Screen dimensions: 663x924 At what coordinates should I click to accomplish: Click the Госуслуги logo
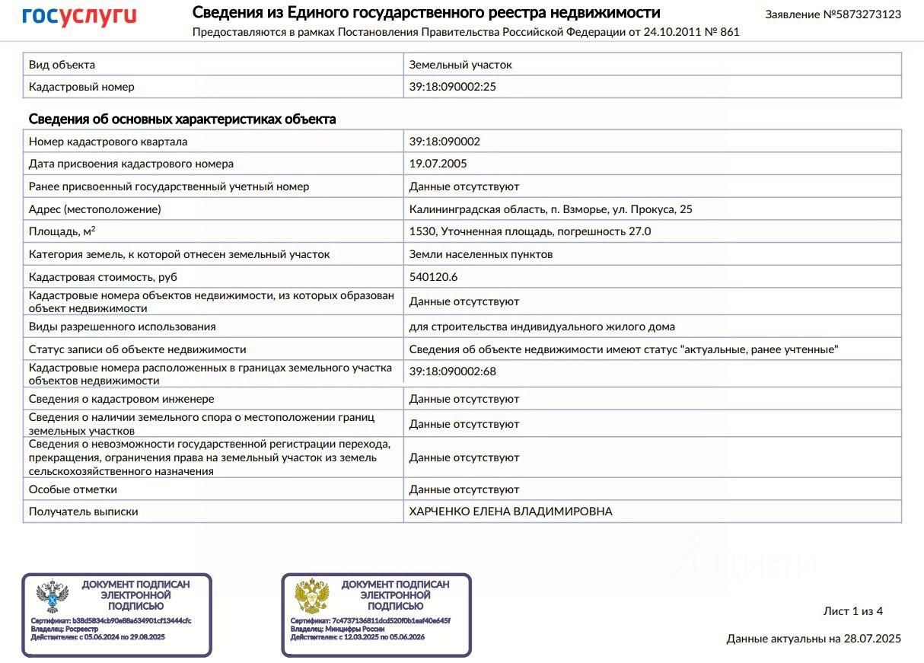pos(79,16)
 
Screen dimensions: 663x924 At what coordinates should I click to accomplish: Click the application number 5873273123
pos(862,14)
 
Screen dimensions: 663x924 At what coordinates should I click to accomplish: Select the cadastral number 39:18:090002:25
pos(452,87)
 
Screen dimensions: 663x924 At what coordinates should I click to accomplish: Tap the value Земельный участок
pos(460,65)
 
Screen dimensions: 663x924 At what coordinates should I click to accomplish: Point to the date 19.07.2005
pos(438,164)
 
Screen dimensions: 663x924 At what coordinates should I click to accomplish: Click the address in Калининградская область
pos(550,209)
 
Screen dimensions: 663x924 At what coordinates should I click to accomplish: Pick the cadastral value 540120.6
pos(433,277)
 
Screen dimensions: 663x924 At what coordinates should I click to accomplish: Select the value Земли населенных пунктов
pos(480,254)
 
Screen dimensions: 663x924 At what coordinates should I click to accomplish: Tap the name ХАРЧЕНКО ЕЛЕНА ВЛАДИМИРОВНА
pos(510,512)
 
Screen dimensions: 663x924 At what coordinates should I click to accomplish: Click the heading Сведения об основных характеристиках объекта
pos(182,120)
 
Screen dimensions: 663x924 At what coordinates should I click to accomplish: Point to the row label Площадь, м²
pos(62,231)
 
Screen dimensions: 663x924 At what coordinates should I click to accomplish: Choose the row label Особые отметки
pos(73,489)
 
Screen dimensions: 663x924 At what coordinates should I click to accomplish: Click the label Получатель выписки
pos(84,512)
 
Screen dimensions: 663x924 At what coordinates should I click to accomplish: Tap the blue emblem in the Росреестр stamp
pos(53,597)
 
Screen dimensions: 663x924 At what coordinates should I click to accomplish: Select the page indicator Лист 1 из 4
pos(852,611)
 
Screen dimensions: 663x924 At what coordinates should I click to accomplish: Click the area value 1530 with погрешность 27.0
pos(530,231)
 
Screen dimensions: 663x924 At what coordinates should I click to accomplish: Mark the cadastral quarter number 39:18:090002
pos(444,142)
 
